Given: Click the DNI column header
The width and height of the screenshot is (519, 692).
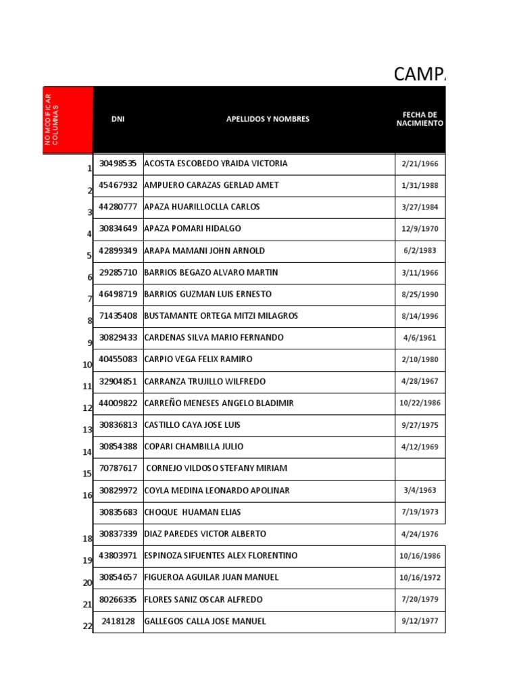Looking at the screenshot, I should pyautogui.click(x=118, y=119).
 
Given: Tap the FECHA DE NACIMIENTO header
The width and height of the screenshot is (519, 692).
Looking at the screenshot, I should pyautogui.click(x=420, y=119).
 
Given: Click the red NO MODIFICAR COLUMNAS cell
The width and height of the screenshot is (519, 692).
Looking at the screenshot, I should pyautogui.click(x=68, y=119).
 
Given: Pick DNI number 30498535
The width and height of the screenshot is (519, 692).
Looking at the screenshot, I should pyautogui.click(x=118, y=164).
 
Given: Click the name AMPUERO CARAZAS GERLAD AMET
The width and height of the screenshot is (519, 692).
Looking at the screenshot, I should pyautogui.click(x=212, y=185).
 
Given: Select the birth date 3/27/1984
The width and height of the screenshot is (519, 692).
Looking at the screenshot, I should pyautogui.click(x=420, y=207).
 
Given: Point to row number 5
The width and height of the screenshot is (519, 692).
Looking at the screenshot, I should pyautogui.click(x=89, y=255).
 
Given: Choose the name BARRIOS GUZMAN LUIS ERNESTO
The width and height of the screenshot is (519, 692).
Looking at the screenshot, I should pyautogui.click(x=208, y=294).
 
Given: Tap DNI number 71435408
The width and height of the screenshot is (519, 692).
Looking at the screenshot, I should pyautogui.click(x=118, y=316).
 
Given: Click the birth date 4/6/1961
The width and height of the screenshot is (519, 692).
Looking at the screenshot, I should pyautogui.click(x=420, y=337).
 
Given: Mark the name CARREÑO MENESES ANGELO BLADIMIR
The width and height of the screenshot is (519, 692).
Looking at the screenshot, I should pyautogui.click(x=219, y=403).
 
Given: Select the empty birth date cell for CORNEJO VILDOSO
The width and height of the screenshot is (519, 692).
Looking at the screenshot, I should pyautogui.click(x=420, y=468).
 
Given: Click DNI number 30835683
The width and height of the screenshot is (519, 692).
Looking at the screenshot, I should pyautogui.click(x=118, y=512).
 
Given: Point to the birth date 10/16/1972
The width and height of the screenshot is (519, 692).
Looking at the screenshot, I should pyautogui.click(x=420, y=578).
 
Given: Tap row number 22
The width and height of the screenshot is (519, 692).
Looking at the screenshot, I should pyautogui.click(x=87, y=626).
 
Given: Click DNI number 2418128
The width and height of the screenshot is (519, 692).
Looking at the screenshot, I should pyautogui.click(x=118, y=621).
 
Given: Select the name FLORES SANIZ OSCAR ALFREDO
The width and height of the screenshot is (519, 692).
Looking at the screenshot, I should pyautogui.click(x=203, y=599).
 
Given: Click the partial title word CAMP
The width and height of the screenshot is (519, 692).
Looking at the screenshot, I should pyautogui.click(x=419, y=74).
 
